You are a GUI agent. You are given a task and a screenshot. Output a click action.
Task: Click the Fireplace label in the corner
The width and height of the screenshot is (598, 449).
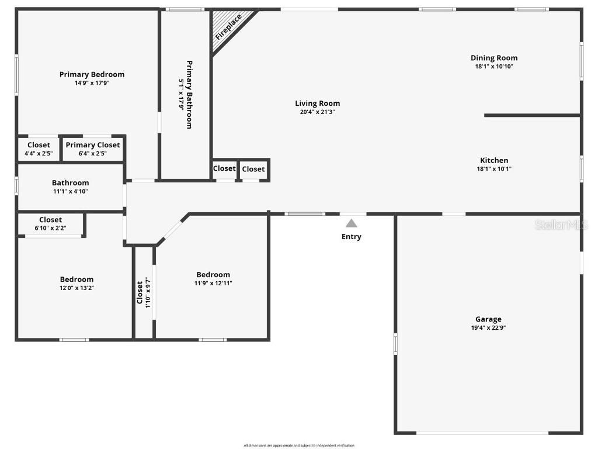(228, 26)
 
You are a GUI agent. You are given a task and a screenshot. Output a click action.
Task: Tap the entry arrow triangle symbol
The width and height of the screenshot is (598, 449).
(351, 223)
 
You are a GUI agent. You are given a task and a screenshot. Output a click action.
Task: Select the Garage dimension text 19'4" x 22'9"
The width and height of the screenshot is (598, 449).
(488, 328)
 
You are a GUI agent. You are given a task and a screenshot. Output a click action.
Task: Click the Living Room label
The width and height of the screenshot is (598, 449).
(317, 103)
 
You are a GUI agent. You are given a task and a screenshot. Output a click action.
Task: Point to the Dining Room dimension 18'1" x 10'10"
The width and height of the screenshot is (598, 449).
(494, 67)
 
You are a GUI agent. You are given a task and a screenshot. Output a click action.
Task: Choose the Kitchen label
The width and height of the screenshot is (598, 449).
(494, 160)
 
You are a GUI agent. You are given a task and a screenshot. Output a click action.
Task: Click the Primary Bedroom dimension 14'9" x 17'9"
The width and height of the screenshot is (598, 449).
(92, 83)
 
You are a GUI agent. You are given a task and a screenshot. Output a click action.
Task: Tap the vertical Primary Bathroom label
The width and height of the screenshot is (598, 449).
(189, 94)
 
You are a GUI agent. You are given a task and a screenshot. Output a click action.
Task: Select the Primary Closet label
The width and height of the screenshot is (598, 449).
(93, 145)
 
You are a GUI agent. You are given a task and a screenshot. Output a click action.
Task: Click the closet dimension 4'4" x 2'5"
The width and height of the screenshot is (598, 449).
(39, 154)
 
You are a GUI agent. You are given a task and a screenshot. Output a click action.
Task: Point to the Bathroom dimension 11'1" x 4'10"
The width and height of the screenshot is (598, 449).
(70, 192)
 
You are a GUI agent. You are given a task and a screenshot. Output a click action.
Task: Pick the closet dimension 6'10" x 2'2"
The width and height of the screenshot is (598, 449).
(50, 229)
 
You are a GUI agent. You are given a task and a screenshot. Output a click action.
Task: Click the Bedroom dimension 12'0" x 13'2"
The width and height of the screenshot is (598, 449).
(77, 288)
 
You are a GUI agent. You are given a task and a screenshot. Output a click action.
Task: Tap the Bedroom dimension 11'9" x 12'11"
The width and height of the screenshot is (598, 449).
(213, 284)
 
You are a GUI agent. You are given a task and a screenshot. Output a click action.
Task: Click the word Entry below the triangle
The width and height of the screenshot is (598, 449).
(351, 237)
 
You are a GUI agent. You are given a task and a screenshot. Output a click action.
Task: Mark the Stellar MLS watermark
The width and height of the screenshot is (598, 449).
(561, 224)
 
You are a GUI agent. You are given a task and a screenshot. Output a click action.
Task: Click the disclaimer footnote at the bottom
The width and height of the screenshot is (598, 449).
(298, 445)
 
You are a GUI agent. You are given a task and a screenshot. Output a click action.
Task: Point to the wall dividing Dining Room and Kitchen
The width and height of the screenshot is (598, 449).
(532, 115)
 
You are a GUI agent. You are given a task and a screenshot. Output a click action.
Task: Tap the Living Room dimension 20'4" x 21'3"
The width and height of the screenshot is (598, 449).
(317, 112)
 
